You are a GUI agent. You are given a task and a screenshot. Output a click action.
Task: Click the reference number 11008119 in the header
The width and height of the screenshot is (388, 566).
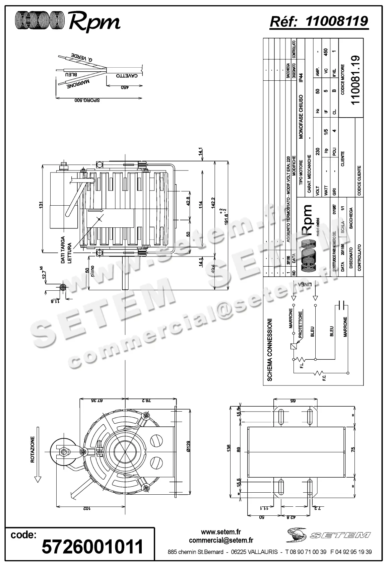(337, 21)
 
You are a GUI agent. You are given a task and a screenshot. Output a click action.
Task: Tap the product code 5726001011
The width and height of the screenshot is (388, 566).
(92, 547)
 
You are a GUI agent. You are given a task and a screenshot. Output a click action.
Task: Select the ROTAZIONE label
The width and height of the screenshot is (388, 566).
(33, 449)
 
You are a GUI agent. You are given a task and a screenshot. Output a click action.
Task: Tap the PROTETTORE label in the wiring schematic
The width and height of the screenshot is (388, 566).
(301, 324)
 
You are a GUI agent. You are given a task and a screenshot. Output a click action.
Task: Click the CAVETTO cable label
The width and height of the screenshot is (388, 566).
(127, 76)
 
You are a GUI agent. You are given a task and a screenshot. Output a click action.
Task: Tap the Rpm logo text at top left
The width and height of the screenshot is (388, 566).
(95, 21)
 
